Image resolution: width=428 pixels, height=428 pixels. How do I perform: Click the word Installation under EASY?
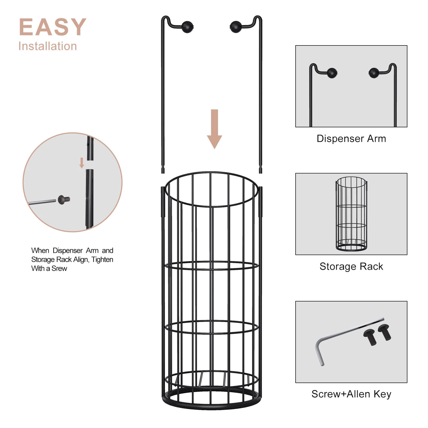[48, 46]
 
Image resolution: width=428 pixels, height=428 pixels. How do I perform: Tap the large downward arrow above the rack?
[215, 129]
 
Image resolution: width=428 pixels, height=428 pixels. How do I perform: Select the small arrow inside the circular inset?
[82, 163]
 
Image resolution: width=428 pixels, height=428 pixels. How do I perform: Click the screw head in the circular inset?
[64, 199]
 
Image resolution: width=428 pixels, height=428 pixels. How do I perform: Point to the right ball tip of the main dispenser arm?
[235, 27]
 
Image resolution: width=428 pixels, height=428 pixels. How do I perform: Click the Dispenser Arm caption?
[351, 139]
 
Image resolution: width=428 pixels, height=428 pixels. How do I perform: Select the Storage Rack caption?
[351, 266]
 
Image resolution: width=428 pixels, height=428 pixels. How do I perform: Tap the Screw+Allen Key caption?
[351, 394]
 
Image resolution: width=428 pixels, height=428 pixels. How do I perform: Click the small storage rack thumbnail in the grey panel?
[351, 214]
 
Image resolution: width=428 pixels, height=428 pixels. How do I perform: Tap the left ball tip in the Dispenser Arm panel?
[332, 73]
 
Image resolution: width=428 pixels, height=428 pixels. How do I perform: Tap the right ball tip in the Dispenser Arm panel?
[374, 73]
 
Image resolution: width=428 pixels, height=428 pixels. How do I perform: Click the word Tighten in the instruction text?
[102, 259]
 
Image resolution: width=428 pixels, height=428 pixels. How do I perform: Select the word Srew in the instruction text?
[59, 268]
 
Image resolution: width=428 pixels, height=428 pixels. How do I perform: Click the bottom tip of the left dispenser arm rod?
[163, 173]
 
